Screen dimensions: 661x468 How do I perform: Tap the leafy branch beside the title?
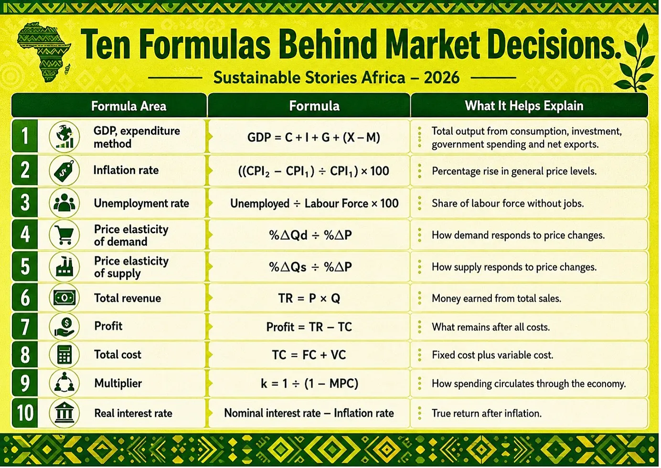coord(634,59)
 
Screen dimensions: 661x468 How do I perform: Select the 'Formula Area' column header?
coord(128,106)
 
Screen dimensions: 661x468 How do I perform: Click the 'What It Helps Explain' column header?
coord(524,106)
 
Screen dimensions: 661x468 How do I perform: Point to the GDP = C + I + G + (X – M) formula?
coord(313,137)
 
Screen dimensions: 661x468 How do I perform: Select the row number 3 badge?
coord(25,203)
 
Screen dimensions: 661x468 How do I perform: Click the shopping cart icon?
coord(64,234)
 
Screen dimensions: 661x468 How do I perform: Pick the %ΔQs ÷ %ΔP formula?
coord(310,267)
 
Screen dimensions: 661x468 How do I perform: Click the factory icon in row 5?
coord(64,266)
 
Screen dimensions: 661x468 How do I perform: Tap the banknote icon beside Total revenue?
coord(64,298)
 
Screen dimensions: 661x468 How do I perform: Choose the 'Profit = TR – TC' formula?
coord(309,327)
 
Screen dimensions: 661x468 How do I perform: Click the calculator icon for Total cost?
coord(64,354)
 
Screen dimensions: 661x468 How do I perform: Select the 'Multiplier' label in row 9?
coord(118,383)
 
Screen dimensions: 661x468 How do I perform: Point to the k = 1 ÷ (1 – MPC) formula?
coord(309,383)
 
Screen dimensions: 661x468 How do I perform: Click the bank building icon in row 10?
coord(64,413)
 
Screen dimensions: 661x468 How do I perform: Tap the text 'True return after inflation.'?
coord(487,414)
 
